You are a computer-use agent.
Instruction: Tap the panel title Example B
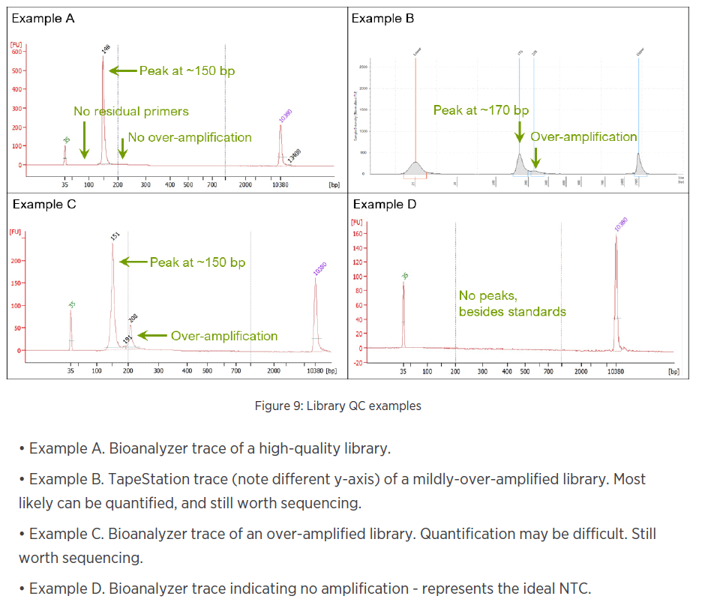(382, 18)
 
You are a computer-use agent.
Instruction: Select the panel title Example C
(43, 204)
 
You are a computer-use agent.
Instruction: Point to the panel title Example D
(383, 204)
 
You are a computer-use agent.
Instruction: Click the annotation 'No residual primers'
(131, 112)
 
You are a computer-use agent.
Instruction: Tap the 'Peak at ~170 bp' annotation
(481, 110)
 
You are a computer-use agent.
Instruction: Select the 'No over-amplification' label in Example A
(190, 137)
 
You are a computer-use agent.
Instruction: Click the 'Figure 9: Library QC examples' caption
(337, 406)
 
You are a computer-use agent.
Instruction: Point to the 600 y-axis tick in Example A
(17, 53)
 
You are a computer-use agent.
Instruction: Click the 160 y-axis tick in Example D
(357, 233)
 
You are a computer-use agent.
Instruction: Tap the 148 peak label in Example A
(106, 49)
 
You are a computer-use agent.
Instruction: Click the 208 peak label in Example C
(133, 318)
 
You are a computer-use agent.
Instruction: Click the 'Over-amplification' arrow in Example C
(153, 336)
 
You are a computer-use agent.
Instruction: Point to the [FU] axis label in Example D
(357, 222)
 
